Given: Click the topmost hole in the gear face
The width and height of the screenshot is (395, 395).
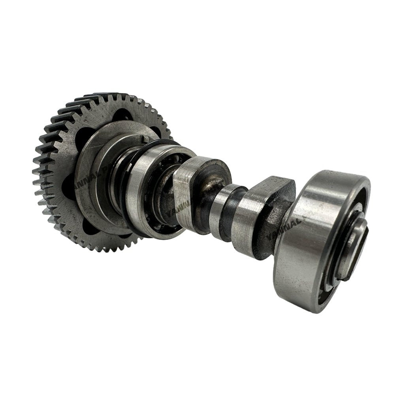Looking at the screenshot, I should pyautogui.click(x=122, y=114).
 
